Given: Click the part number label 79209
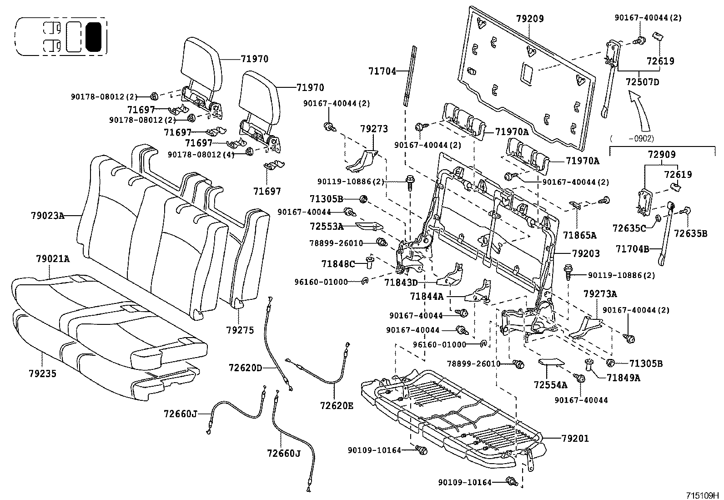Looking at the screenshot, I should (530, 19).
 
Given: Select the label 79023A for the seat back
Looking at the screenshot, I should (48, 216).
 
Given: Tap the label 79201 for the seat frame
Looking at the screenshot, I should (575, 438).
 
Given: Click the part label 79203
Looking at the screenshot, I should (586, 253).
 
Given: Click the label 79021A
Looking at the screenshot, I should (53, 259).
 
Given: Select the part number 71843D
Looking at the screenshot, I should (401, 283).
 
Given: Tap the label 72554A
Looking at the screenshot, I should (550, 385).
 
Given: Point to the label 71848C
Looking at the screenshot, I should (338, 264).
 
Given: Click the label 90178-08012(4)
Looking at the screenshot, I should (201, 155).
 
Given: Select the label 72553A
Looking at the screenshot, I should (327, 226).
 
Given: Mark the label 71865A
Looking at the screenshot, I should (579, 235).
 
